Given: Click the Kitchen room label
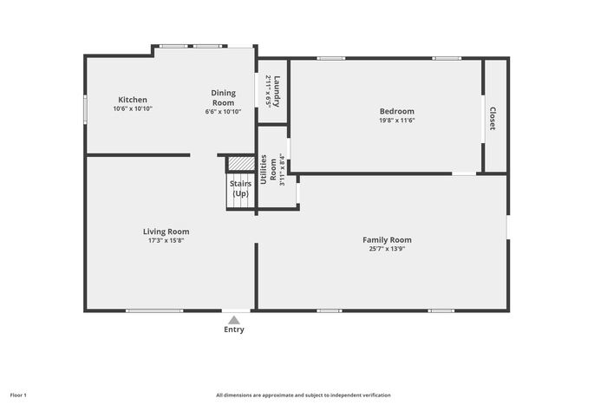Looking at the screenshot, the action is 133,100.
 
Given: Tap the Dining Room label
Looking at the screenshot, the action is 224,98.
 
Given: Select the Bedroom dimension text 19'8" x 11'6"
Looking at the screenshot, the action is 397,121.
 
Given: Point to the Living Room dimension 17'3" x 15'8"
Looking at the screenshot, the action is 166,240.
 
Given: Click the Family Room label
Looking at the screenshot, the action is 387,240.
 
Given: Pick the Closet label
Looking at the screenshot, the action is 493,119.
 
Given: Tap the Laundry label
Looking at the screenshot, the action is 277,91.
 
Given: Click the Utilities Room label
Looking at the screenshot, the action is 268,170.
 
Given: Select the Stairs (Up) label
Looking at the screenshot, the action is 240,188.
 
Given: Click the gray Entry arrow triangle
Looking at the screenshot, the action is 234,320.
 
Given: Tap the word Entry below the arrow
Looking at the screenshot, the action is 234,330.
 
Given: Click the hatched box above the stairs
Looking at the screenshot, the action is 241,163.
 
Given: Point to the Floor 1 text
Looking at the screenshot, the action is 18,395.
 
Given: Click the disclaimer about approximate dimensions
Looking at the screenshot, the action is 303,395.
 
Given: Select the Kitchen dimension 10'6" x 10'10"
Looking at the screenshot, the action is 133,108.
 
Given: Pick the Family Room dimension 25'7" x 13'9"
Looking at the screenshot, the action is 387,249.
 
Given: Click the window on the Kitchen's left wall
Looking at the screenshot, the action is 86,110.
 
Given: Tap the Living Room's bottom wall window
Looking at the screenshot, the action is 154,310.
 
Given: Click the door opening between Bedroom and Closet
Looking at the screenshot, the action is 483,119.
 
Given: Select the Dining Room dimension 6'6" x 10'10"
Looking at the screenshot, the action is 224,112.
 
